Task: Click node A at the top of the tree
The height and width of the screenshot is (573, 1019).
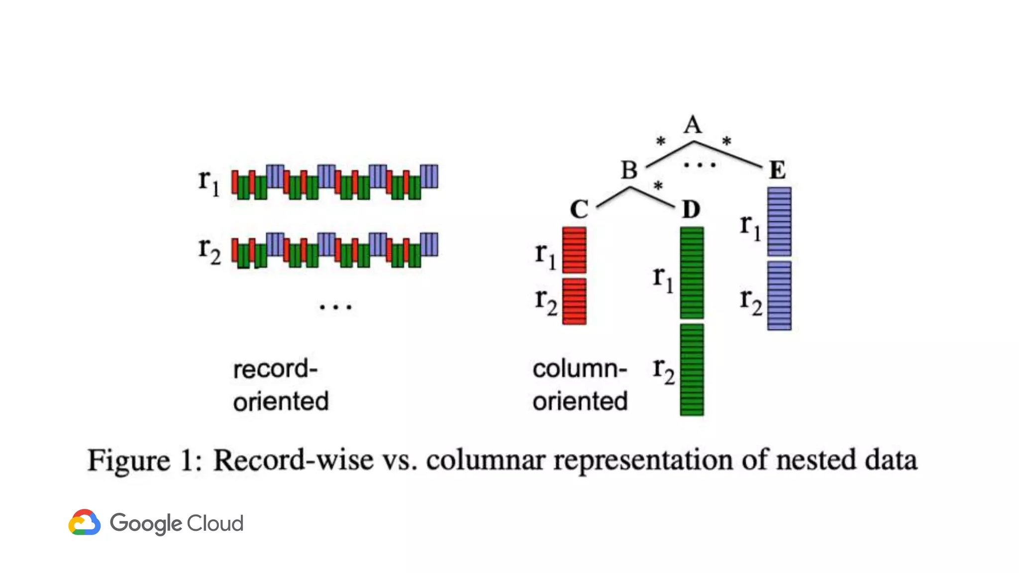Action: click(x=693, y=124)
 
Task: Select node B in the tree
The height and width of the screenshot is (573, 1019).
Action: click(x=629, y=170)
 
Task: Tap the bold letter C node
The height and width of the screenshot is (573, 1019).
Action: click(x=579, y=209)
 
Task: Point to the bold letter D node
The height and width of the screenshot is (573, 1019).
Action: click(x=691, y=209)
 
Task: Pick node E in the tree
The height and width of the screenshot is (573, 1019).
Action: click(x=777, y=170)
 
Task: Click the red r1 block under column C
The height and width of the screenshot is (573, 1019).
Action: click(x=574, y=250)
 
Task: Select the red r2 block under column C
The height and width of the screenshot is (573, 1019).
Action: click(x=574, y=301)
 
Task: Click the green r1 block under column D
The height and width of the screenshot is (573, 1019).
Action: click(x=692, y=273)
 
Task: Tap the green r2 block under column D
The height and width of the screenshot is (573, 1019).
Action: click(x=692, y=370)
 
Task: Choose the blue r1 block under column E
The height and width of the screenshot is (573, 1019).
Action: click(x=779, y=222)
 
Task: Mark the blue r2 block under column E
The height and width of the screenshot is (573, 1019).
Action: click(x=779, y=295)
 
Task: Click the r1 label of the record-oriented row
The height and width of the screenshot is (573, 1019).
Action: click(x=208, y=181)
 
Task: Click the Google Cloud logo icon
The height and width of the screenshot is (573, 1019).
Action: click(x=85, y=522)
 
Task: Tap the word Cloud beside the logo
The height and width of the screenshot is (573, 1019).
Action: click(x=215, y=523)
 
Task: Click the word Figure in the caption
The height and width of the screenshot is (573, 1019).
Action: click(x=128, y=460)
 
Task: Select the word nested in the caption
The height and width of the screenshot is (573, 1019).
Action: click(x=816, y=460)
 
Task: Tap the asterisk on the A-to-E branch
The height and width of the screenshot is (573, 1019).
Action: click(x=726, y=141)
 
